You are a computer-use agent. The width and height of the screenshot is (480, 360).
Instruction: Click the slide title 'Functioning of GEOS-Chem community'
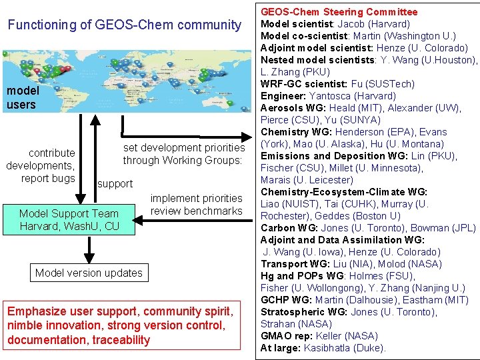[x=124, y=25]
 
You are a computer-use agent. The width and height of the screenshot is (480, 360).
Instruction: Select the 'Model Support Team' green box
[x=69, y=220]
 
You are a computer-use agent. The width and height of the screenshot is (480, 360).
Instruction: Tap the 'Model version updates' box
[x=89, y=273]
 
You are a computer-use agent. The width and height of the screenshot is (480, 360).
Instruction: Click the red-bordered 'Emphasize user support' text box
[x=120, y=325]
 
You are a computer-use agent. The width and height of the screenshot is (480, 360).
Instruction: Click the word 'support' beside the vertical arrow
[x=115, y=183]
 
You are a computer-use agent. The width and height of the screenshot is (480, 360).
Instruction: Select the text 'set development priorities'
[x=184, y=147]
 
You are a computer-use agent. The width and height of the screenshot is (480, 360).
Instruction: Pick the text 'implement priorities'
[x=197, y=198]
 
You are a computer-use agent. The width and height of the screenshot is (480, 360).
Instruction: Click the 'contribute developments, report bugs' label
[x=40, y=165]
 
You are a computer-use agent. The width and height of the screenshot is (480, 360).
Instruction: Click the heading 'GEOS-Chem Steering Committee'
[x=339, y=12]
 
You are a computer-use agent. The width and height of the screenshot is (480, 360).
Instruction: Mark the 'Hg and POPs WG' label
[x=299, y=276]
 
